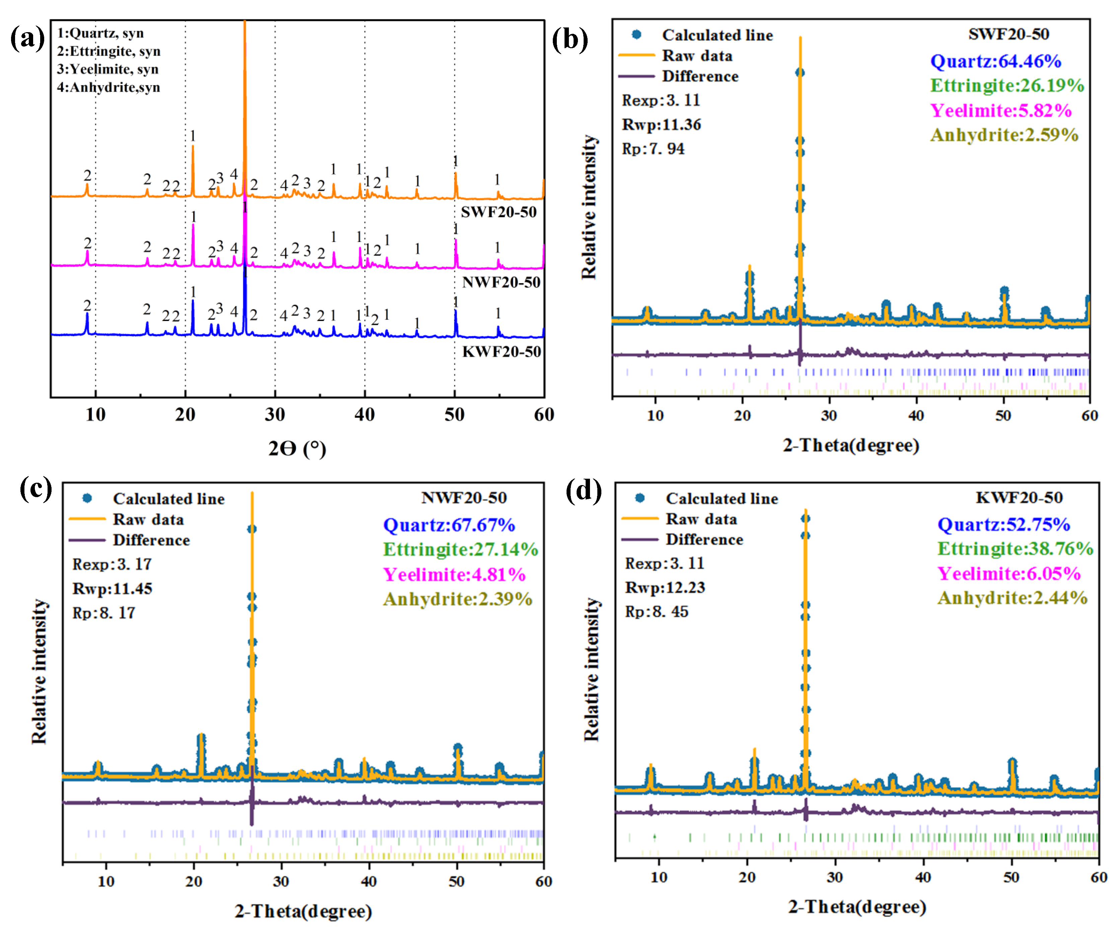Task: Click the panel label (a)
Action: [x=28, y=38]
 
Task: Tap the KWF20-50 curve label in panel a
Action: [x=501, y=352]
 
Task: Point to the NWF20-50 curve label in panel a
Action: [x=501, y=282]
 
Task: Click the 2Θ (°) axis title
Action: [x=297, y=449]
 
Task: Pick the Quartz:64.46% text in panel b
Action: [x=995, y=61]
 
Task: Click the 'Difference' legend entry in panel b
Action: [x=700, y=77]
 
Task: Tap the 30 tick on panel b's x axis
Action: [x=829, y=415]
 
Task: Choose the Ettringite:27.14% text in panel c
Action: [x=460, y=549]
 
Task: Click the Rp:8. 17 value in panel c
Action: [x=104, y=613]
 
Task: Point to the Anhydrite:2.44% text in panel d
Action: [x=1012, y=598]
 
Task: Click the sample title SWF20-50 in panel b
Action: [x=1008, y=34]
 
